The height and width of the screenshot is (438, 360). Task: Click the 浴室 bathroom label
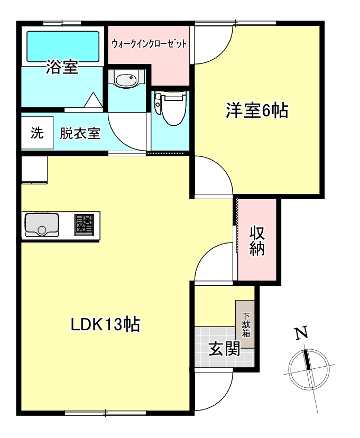[62, 68]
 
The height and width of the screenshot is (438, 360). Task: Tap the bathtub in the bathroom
[62, 46]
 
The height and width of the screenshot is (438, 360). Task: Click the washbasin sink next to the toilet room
[125, 81]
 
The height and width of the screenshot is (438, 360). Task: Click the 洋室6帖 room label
[257, 111]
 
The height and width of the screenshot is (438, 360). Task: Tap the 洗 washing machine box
[36, 133]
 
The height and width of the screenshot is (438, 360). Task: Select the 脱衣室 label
[80, 133]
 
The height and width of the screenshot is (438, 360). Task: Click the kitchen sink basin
[42, 225]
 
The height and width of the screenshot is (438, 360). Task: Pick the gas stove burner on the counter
[84, 224]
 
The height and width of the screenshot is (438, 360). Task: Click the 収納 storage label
[257, 240]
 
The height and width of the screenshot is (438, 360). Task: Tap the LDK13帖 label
[106, 324]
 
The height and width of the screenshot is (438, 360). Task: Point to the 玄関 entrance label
[224, 349]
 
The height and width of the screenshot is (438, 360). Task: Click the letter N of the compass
[301, 333]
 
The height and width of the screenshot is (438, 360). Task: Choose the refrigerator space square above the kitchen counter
[35, 170]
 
